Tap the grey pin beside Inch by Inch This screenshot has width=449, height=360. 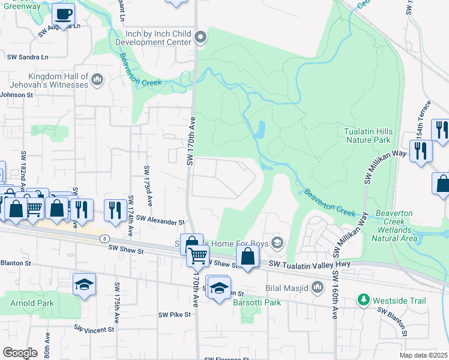[201, 38]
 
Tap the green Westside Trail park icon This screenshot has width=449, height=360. [363, 299]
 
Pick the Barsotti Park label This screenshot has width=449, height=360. [257, 302]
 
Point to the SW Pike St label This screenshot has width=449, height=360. [175, 314]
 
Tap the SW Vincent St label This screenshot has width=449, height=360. [94, 329]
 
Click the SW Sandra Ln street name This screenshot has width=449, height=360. [28, 58]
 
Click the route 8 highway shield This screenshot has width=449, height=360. [104, 238]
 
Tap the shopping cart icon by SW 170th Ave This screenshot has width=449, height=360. [197, 257]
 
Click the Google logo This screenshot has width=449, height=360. [20, 353]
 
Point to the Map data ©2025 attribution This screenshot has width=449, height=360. [424, 355]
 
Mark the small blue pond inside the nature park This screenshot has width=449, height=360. [261, 130]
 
